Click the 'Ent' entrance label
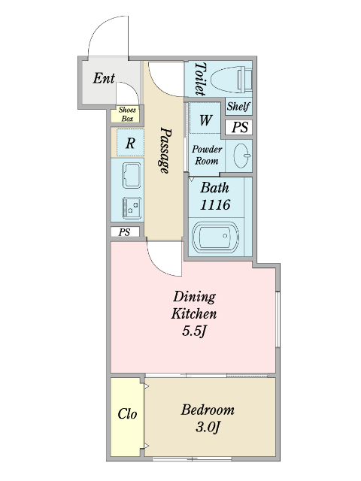[x=104, y=78]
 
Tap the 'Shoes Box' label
[x=127, y=114]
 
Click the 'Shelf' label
[x=238, y=107]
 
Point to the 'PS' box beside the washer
[x=239, y=127]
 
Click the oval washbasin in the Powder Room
[x=242, y=156]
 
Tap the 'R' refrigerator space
[x=130, y=143]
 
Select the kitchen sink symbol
[x=132, y=175]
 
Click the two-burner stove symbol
[x=132, y=208]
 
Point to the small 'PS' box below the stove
[x=125, y=232]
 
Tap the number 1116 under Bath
[x=215, y=204]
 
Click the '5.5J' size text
[x=195, y=331]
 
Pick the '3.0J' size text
[x=208, y=427]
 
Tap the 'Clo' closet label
[x=127, y=414]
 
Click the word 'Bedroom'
[x=208, y=410]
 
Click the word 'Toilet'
[x=200, y=79]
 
